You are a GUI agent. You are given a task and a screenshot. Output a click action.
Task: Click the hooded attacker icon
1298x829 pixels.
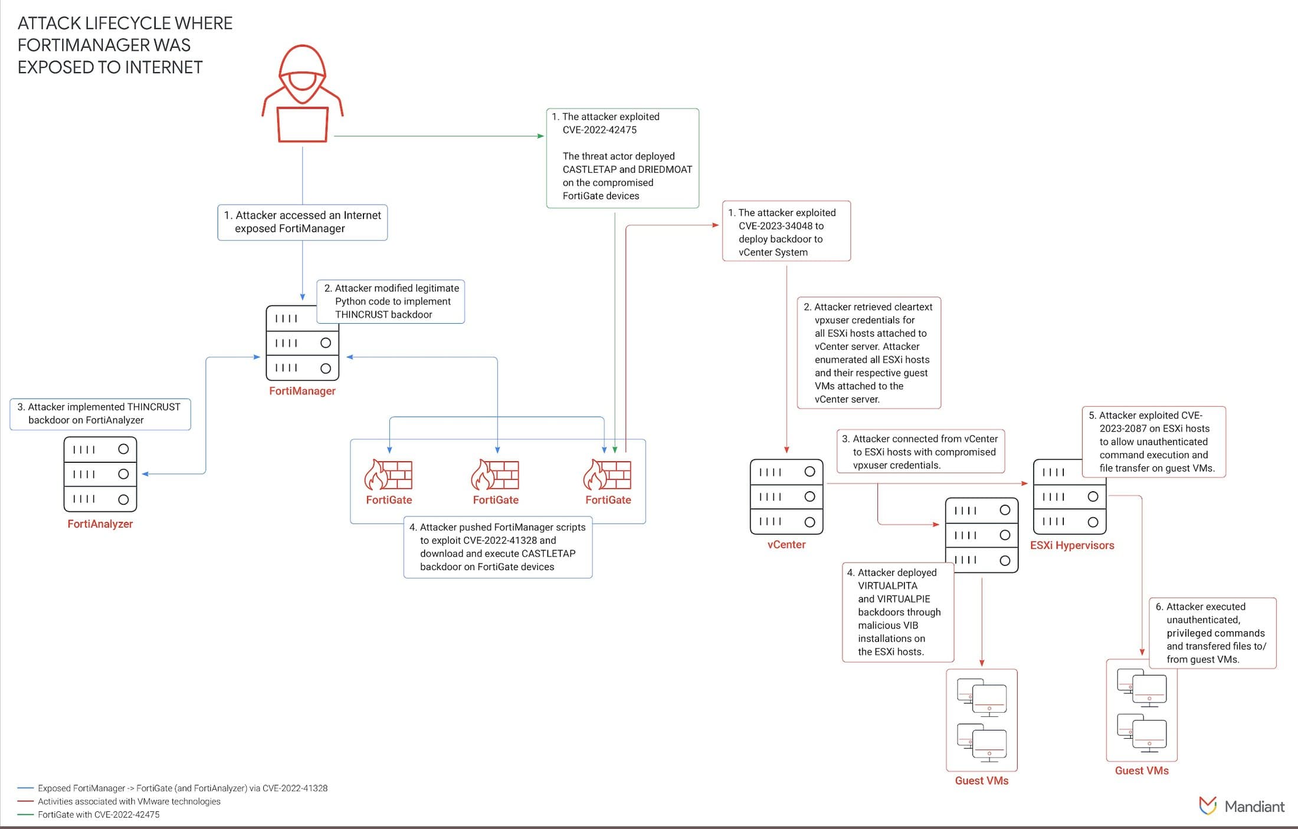[x=302, y=94]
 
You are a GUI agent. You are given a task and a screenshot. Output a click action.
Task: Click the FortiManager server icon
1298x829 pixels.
[x=302, y=343]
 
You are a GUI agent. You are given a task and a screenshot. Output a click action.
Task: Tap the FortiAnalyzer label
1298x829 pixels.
[x=100, y=524]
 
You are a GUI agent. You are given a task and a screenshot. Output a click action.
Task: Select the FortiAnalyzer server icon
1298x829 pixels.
[x=100, y=474]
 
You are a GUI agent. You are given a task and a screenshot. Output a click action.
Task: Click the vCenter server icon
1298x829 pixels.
[x=786, y=496]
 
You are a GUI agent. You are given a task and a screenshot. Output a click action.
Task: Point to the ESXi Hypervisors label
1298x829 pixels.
[x=1071, y=545]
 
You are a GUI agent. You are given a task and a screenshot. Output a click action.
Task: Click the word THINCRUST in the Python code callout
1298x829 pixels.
[x=361, y=314]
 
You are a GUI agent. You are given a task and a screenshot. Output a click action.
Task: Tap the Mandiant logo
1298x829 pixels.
[x=1241, y=806]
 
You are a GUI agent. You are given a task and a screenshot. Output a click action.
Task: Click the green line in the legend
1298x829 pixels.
[x=25, y=815]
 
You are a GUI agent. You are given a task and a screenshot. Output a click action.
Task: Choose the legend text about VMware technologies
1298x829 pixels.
[x=129, y=801]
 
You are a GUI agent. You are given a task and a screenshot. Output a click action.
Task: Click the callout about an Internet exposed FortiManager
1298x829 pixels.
[x=302, y=222]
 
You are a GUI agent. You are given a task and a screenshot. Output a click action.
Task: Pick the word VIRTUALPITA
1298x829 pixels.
[x=887, y=585]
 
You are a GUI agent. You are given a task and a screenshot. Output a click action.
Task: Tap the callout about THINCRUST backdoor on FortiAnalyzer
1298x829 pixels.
[x=100, y=413]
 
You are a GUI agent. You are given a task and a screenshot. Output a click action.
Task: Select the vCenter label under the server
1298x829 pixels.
[x=786, y=544]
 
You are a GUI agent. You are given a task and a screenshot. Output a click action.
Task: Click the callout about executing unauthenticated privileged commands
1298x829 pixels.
[x=1213, y=633]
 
